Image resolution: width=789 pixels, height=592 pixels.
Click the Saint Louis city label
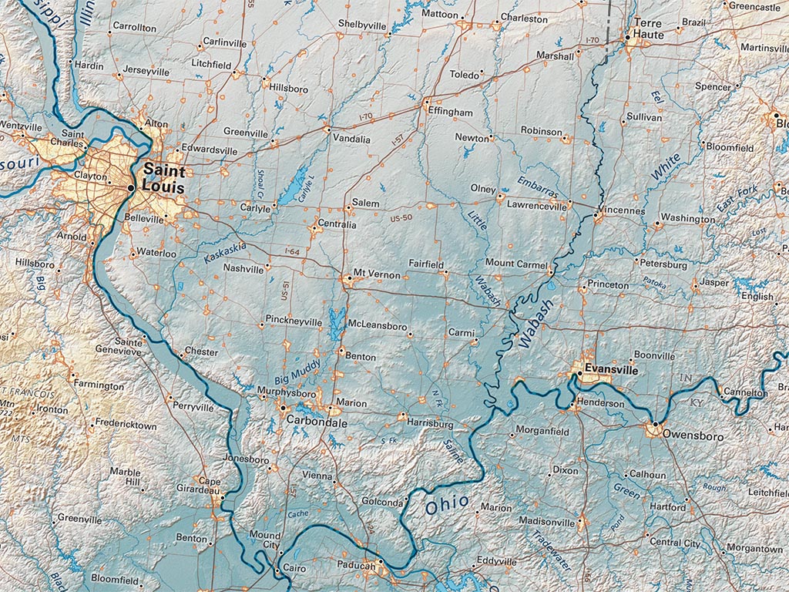(164, 177)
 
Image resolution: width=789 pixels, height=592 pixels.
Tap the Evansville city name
(611, 370)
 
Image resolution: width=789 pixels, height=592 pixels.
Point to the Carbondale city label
(316, 423)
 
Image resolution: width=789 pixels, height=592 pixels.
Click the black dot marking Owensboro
(656, 424)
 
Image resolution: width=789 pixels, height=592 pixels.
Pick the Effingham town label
(451, 113)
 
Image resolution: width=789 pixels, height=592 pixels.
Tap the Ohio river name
(447, 505)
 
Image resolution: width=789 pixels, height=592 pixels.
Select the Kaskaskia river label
(225, 252)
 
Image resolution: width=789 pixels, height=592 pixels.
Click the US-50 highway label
(402, 220)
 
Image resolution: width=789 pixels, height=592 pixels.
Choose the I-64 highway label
(291, 252)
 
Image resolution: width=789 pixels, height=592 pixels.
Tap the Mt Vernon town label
(377, 274)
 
